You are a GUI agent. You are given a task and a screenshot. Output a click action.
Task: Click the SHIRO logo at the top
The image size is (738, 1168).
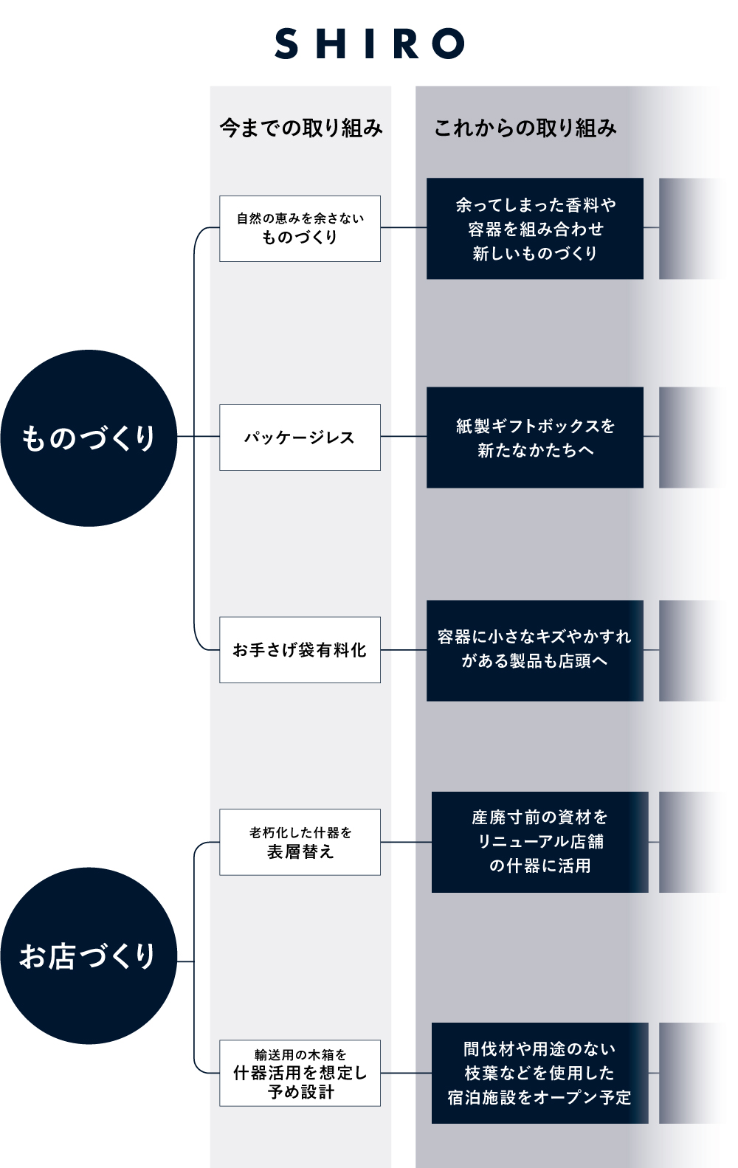(369, 44)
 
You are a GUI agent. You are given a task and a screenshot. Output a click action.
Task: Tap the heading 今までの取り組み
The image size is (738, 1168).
(301, 128)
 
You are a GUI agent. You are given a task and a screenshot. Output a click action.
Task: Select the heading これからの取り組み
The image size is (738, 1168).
(525, 128)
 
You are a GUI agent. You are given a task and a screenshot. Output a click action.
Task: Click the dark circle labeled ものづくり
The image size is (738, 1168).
(89, 438)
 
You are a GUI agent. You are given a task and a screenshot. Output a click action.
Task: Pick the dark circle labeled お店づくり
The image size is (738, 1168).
(89, 956)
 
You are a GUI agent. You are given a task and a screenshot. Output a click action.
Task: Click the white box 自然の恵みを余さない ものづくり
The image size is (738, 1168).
(300, 229)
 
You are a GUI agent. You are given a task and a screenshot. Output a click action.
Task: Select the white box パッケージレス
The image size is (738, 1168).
(300, 438)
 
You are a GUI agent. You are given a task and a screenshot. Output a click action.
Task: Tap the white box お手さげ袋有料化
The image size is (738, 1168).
(300, 650)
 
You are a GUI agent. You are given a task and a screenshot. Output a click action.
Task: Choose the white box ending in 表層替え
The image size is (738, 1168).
(300, 842)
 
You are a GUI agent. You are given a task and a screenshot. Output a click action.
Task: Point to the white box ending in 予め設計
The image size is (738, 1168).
(300, 1073)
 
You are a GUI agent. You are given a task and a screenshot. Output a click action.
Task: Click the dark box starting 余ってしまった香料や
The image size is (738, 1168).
(535, 229)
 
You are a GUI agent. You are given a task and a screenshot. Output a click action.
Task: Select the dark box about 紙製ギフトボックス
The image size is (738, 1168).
(535, 438)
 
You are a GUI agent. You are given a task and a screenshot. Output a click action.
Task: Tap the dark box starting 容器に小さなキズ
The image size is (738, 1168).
(535, 650)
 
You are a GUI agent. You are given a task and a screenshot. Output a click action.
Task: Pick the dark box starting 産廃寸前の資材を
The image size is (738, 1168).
(539, 842)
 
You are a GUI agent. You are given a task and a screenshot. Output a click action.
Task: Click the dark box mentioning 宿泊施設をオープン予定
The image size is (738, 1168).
(539, 1073)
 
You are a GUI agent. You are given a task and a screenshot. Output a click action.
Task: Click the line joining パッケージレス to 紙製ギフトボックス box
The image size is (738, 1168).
(404, 437)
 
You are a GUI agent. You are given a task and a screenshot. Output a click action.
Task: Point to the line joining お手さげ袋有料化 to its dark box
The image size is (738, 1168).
(404, 650)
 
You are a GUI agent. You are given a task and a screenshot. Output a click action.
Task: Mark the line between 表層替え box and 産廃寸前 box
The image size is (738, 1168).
(406, 842)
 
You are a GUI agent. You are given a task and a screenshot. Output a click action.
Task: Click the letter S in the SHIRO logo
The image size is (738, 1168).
(286, 44)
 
